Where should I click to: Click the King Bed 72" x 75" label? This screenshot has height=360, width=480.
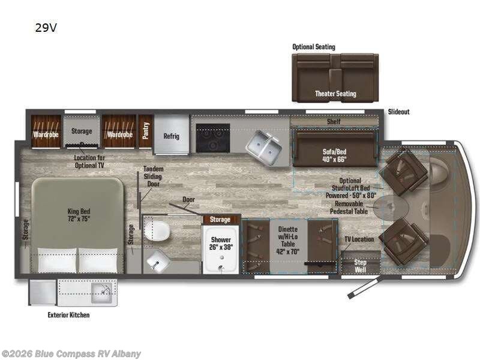[x=78, y=215]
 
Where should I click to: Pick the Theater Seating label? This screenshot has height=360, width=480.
[x=335, y=94]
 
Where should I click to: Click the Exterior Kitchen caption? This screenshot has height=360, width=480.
[x=68, y=314]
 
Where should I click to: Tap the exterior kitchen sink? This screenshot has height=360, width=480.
[x=103, y=293]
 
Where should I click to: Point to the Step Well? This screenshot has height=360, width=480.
[x=361, y=265]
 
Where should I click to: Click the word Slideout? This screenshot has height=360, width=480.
[x=398, y=112]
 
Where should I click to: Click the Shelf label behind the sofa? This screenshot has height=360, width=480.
[x=334, y=122]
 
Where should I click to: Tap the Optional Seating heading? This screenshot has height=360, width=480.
[x=313, y=47]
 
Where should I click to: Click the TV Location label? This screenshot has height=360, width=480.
[x=359, y=239]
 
